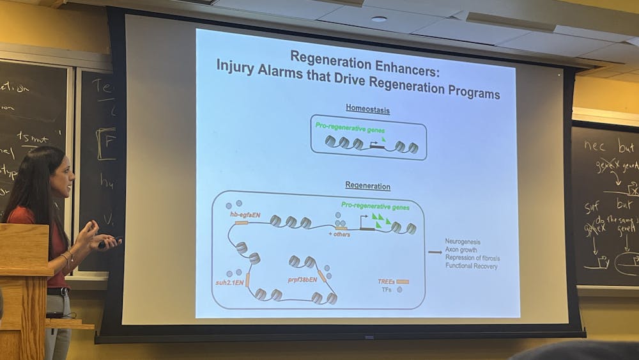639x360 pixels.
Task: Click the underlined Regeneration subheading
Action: point(367,186)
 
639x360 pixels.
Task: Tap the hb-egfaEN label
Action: point(247,215)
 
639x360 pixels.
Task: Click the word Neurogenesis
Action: point(463,242)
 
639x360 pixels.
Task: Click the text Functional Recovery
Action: point(472,266)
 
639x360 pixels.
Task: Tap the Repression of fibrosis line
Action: point(473,258)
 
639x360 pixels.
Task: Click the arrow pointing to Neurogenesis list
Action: point(435,253)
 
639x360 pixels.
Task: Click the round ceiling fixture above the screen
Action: point(379,19)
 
